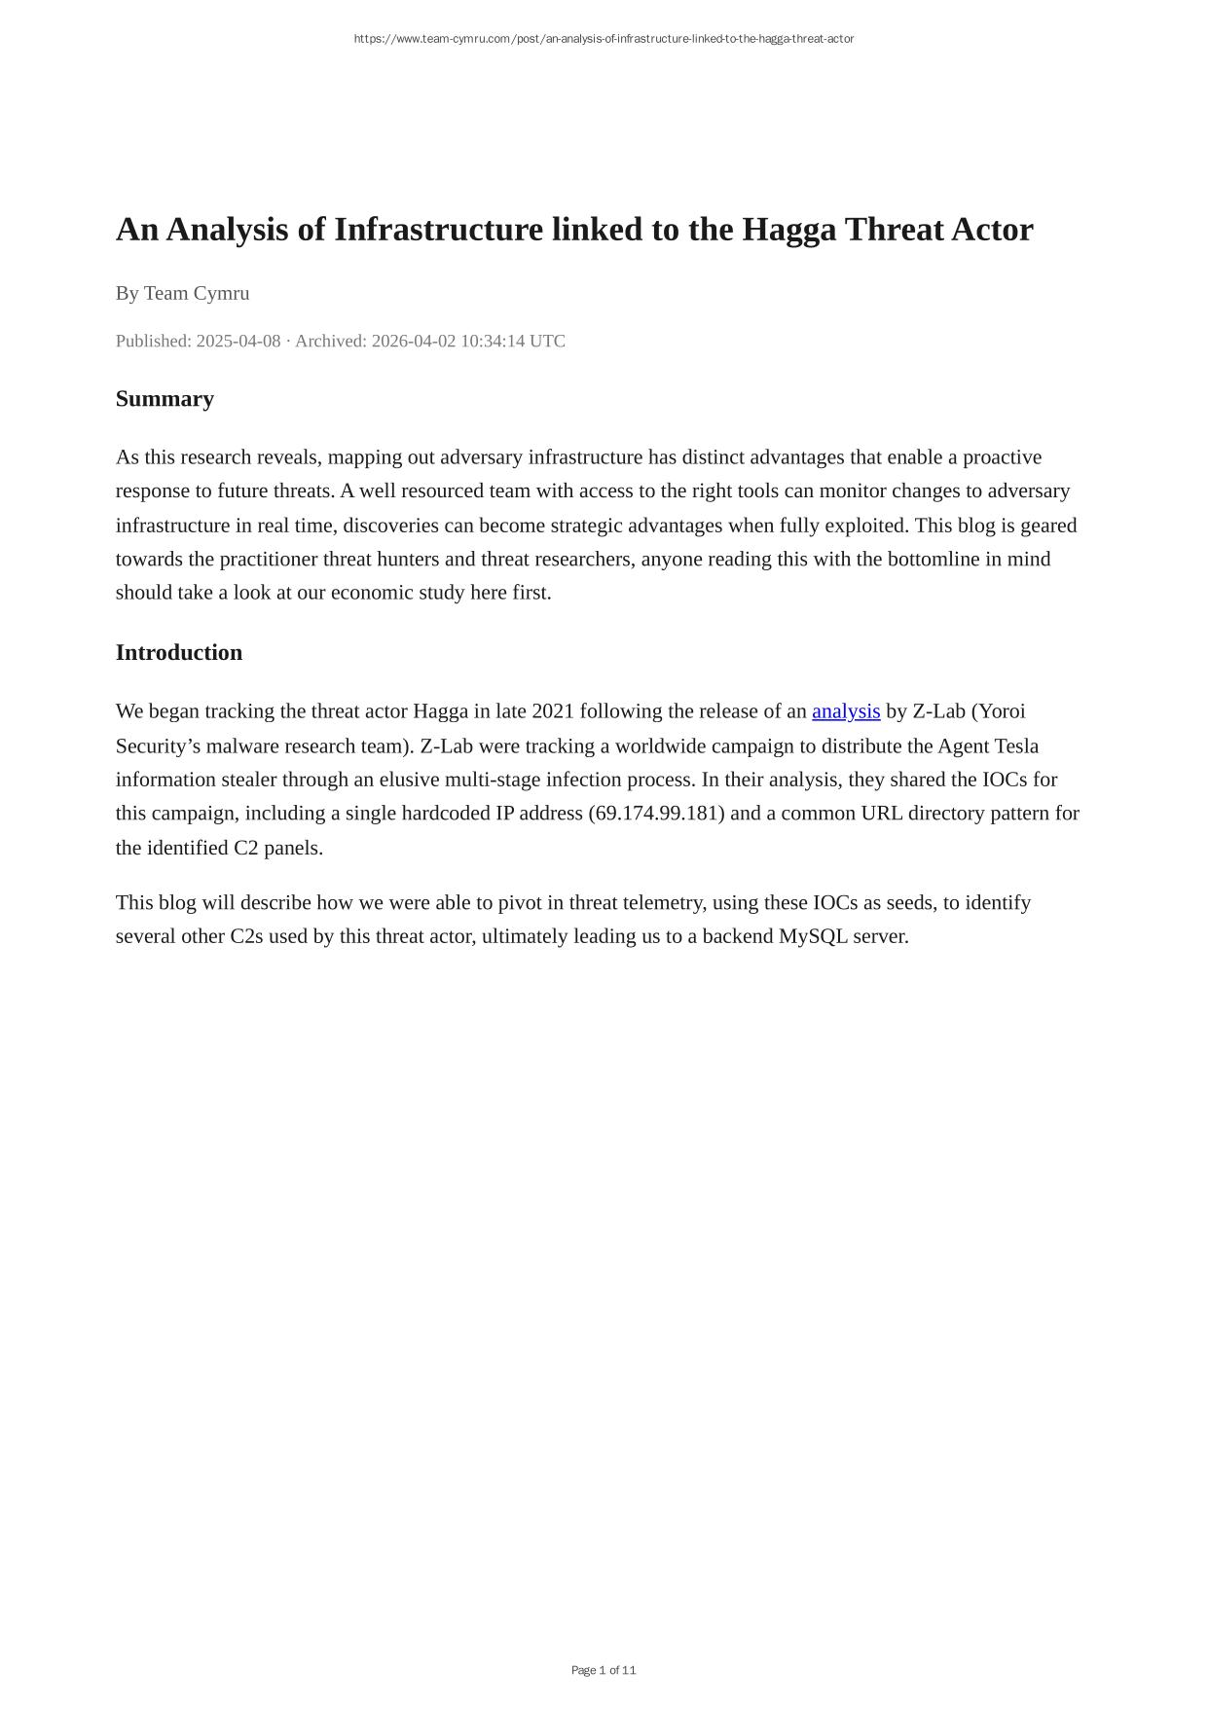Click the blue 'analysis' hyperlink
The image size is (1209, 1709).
coord(845,711)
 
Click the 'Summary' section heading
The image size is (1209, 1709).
coord(165,399)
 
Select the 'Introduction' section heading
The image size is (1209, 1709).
coord(179,653)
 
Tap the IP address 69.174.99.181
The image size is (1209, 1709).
coord(656,814)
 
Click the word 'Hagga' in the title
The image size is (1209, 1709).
coord(789,230)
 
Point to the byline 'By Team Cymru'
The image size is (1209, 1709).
coord(182,293)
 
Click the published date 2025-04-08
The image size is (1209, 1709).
coord(238,341)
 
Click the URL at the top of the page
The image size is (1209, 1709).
coord(604,39)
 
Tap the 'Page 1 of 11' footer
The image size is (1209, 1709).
coord(604,1670)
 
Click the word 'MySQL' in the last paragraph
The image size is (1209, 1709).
coord(813,936)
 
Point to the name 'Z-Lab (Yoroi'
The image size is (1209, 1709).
coord(969,711)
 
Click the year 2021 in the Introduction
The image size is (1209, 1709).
coord(553,711)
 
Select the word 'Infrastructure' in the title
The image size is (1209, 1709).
coord(438,230)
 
